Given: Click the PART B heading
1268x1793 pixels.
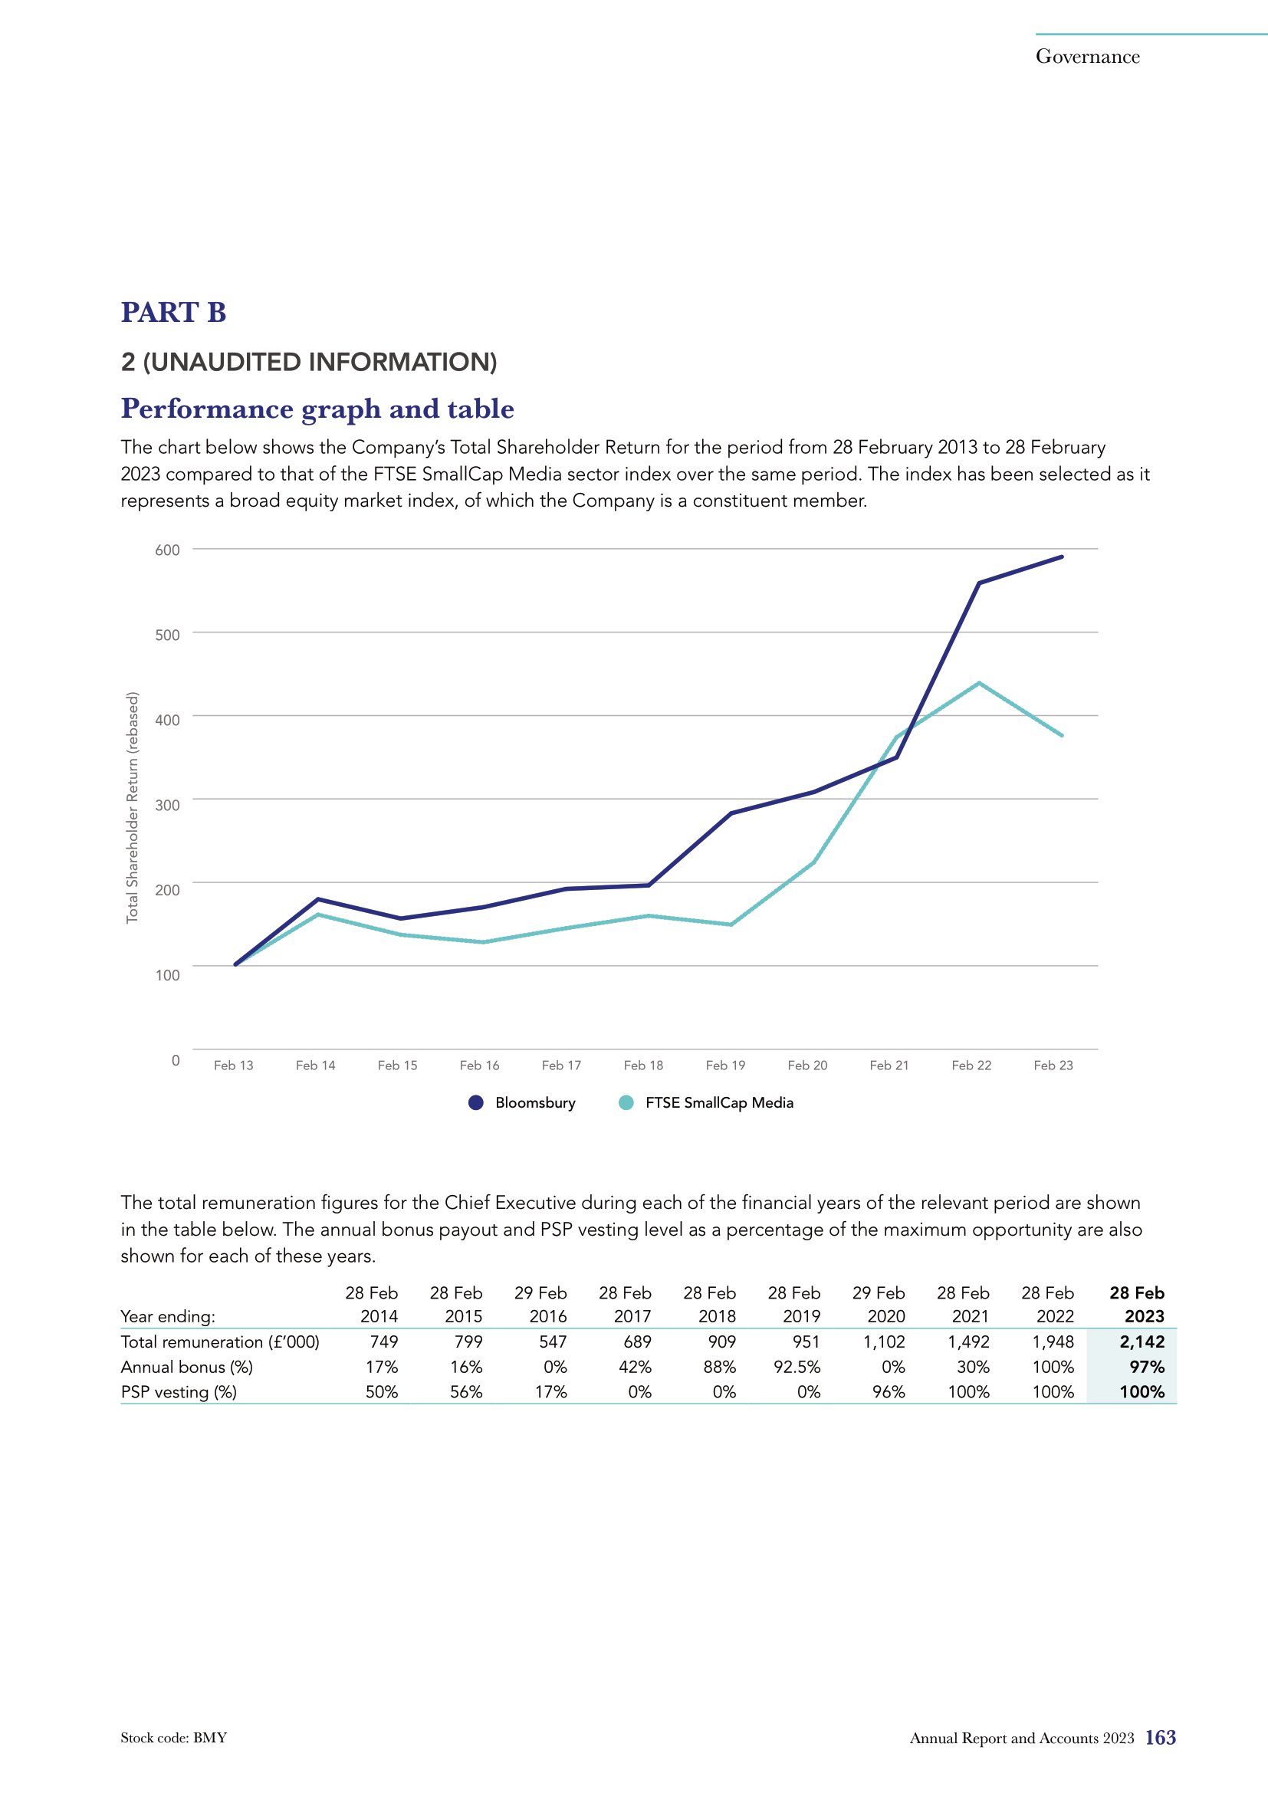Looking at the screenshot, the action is [x=173, y=312].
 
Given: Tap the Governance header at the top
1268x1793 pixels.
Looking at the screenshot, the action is [x=1088, y=56].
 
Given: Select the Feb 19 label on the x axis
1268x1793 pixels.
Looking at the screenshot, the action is [x=725, y=1066].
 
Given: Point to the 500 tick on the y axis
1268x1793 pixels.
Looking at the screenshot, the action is [x=167, y=634].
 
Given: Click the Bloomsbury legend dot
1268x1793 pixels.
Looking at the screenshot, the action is [x=476, y=1102].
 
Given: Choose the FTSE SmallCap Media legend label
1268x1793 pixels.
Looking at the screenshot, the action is [x=719, y=1102].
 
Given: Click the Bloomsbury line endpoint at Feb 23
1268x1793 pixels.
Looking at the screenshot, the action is [x=1062, y=557].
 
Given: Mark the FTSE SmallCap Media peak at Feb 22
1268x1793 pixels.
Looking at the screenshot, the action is [x=979, y=683].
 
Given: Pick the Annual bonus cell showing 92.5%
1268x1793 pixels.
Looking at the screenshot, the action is [x=797, y=1367].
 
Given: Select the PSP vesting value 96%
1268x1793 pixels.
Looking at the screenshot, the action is [x=889, y=1391].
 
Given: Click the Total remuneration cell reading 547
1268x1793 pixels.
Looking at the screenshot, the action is [x=551, y=1341].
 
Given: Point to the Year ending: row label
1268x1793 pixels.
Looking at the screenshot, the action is [x=168, y=1317].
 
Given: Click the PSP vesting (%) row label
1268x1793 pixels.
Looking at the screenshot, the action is [x=179, y=1391].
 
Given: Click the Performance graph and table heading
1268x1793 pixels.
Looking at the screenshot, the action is [x=317, y=409].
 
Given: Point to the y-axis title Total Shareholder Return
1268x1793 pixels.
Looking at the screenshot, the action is [x=133, y=807].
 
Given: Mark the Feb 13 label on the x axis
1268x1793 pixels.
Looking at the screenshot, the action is [x=234, y=1066].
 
